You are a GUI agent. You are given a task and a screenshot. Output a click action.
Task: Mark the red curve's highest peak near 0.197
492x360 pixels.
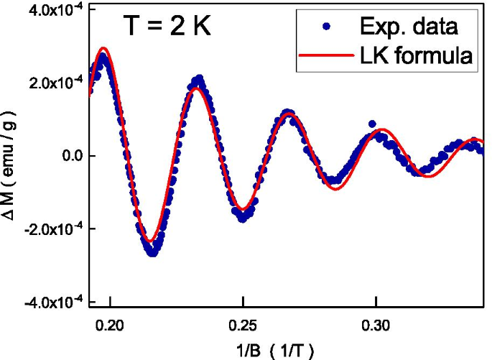[103, 48]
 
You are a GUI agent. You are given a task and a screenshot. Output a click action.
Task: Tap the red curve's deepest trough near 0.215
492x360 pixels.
[150, 241]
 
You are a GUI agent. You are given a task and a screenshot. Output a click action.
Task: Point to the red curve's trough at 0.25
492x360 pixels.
[243, 210]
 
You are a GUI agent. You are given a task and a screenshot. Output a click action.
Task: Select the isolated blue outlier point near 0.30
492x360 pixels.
[372, 124]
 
